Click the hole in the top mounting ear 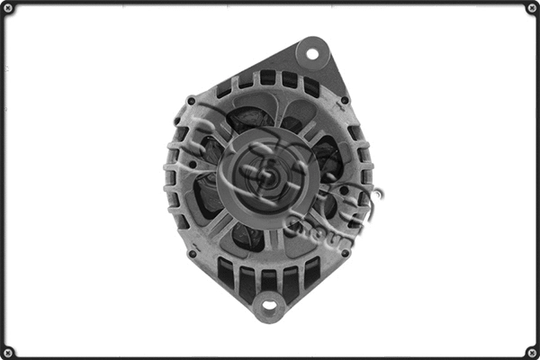[312, 53]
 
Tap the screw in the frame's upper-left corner [8, 8]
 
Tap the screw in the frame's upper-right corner [531, 8]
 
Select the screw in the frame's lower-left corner [8, 351]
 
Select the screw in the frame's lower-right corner [531, 351]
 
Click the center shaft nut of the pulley [267, 177]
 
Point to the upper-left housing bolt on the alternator [190, 100]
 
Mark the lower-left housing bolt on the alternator [191, 254]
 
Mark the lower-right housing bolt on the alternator [346, 254]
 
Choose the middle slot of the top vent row [267, 77]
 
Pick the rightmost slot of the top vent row [311, 86]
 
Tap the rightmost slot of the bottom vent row [311, 270]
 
